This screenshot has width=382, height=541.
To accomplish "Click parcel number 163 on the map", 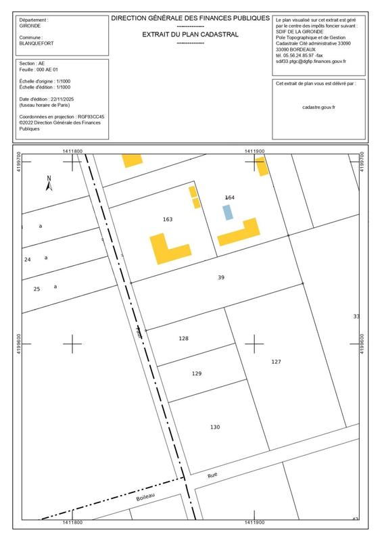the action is [x=168, y=219].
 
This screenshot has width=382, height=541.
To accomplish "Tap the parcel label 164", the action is [x=229, y=197].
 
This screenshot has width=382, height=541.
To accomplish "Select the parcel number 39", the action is [x=221, y=278].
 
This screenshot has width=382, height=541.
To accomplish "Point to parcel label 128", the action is [x=183, y=338].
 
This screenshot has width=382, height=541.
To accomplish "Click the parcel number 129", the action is [x=197, y=373].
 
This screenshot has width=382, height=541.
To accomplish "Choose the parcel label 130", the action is [x=214, y=427].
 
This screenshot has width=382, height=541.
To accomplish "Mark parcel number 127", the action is [x=276, y=362].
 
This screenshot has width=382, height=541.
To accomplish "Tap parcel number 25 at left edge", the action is [x=37, y=289].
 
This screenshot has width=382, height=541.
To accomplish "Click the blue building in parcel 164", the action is [x=228, y=212].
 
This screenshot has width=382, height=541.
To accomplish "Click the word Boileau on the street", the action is [x=146, y=498].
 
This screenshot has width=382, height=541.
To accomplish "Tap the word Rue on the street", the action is [x=212, y=475].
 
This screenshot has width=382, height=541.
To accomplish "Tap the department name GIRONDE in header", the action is [x=30, y=26].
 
